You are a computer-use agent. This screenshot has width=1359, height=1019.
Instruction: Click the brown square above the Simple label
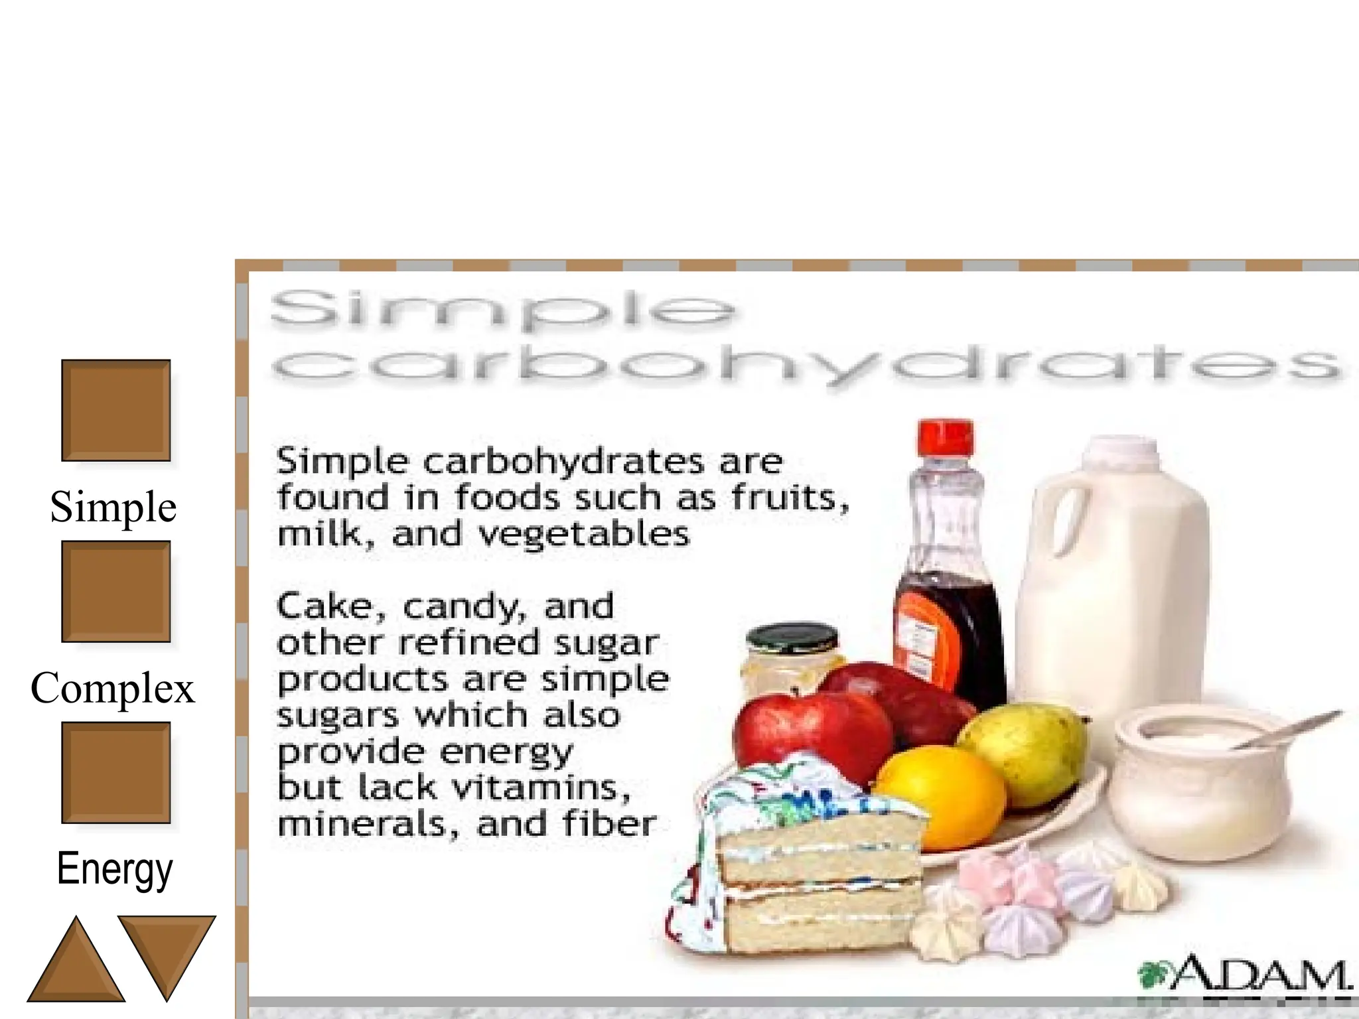click(115, 410)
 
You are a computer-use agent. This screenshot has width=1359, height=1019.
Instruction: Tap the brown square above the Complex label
click(115, 591)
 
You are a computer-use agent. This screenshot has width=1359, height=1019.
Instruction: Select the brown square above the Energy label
click(115, 772)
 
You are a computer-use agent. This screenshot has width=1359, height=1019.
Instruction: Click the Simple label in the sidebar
click(113, 507)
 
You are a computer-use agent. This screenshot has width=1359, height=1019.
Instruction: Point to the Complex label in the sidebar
click(113, 688)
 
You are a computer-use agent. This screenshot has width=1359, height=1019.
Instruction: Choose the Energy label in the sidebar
click(114, 868)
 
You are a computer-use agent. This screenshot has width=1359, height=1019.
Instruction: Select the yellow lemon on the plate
click(939, 796)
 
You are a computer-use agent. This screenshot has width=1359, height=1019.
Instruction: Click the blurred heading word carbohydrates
click(806, 365)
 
